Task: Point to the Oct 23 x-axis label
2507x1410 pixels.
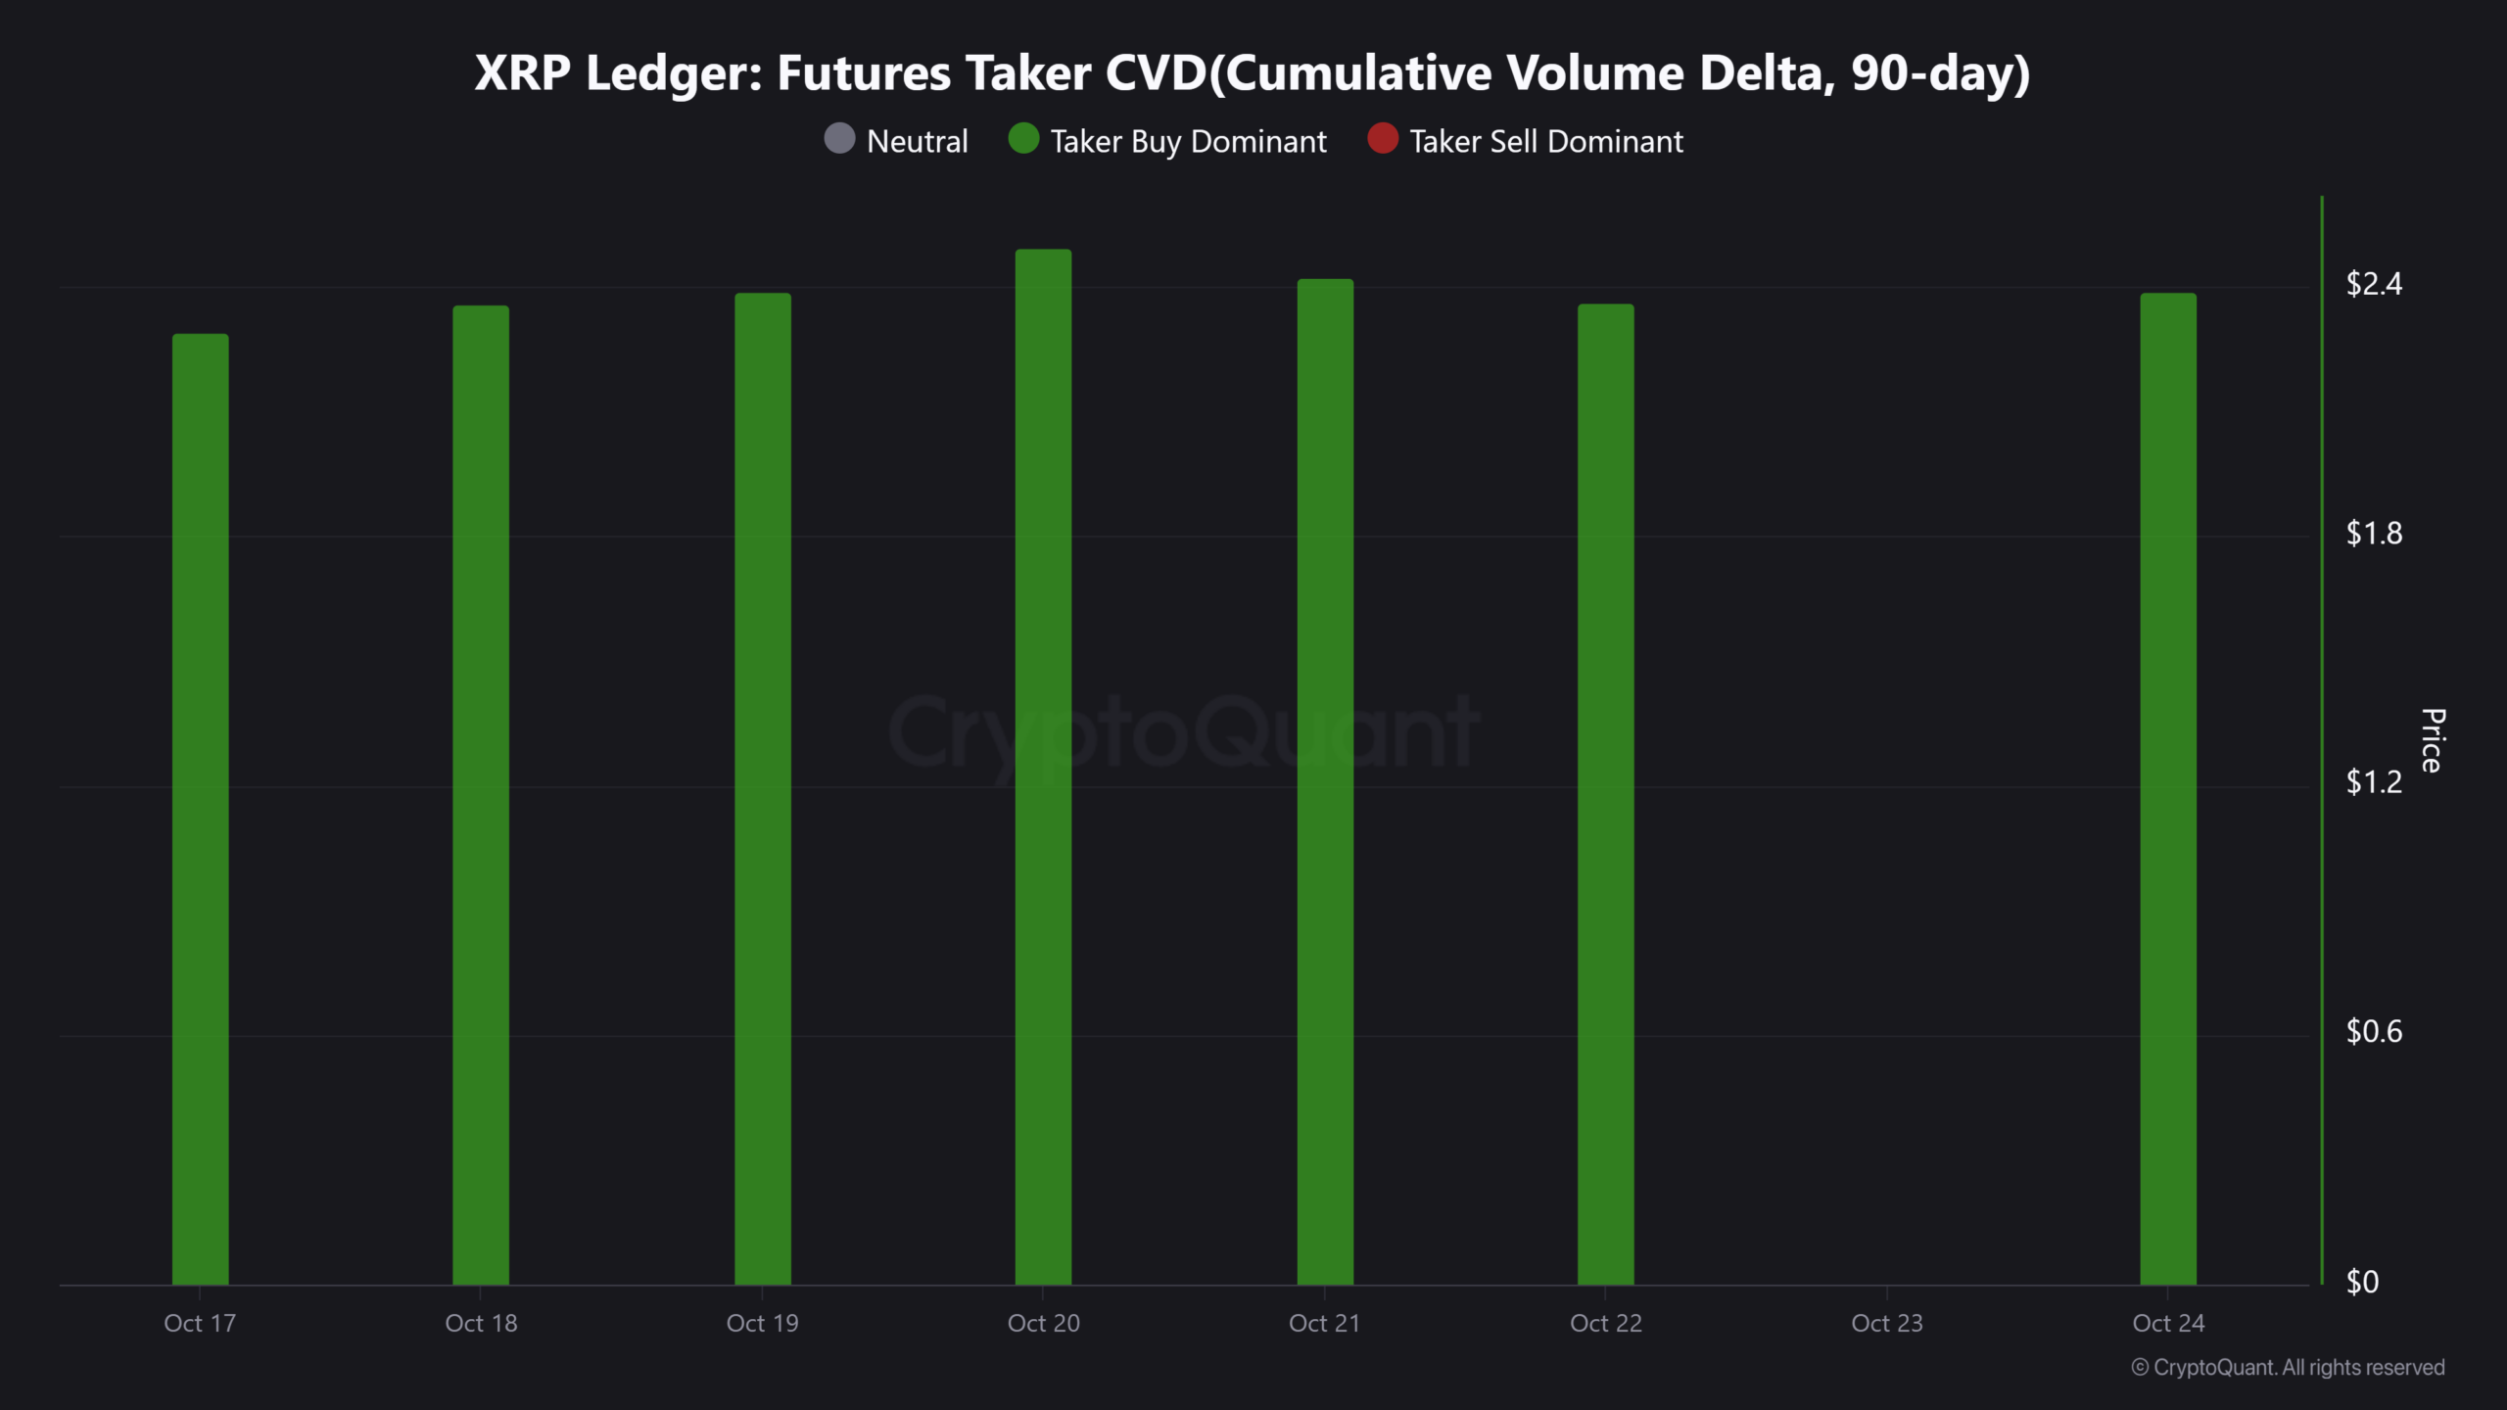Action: click(x=1886, y=1323)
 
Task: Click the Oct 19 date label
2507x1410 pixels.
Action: click(x=762, y=1323)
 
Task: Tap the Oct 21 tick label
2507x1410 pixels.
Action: click(x=1324, y=1323)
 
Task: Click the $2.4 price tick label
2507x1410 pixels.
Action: click(x=2374, y=284)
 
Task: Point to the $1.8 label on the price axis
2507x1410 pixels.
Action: click(x=2374, y=533)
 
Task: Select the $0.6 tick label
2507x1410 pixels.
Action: click(x=2374, y=1031)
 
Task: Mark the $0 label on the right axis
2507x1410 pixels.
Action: click(x=2362, y=1281)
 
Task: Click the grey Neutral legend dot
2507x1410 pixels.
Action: click(x=839, y=139)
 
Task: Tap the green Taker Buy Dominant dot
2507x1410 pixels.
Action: click(x=1023, y=139)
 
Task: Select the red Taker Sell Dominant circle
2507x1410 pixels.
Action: click(x=1382, y=139)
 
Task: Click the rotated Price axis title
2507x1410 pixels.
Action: click(x=2433, y=740)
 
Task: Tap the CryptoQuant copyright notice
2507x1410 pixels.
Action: click(x=2288, y=1367)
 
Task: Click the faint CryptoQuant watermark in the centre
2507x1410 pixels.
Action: click(x=1183, y=732)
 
